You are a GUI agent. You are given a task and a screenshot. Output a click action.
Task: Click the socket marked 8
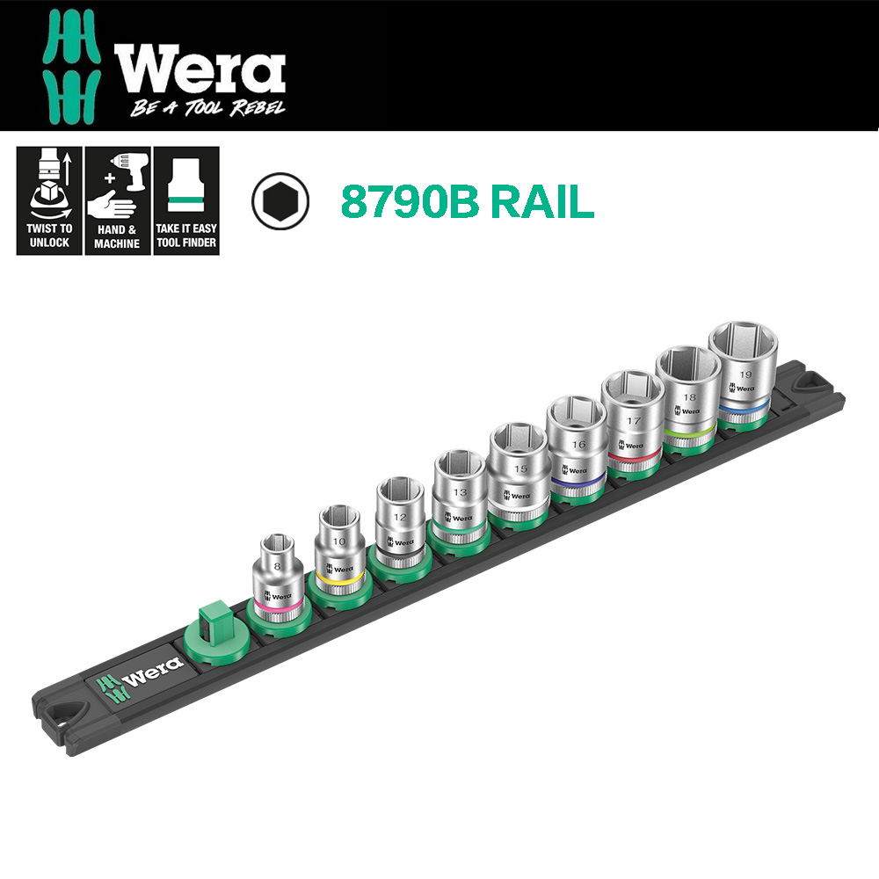click(x=278, y=576)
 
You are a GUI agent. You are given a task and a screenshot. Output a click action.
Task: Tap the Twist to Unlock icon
click(x=49, y=200)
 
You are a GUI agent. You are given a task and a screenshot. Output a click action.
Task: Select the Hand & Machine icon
click(x=118, y=200)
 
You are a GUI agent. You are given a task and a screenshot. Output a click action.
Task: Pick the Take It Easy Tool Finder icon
click(x=185, y=200)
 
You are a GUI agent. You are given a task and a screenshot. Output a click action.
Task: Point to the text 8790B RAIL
click(x=467, y=201)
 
